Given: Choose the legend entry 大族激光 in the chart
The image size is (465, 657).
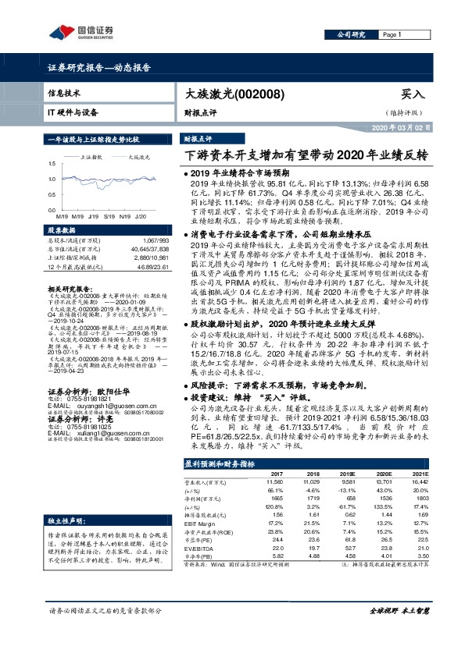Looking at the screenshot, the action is coord(138,157).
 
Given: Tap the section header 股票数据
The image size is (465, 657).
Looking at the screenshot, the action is coord(63,231).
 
